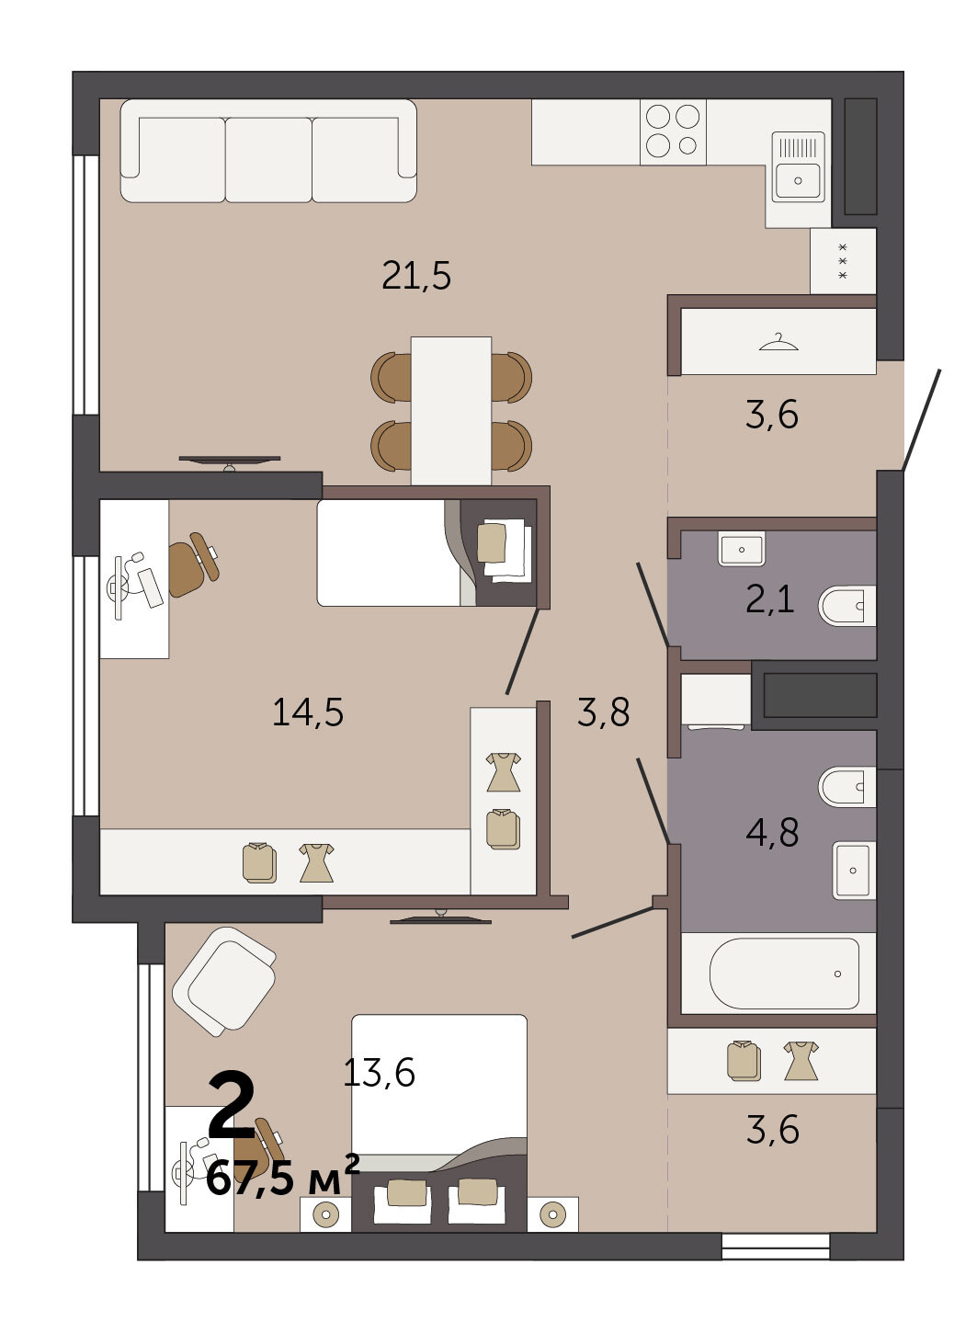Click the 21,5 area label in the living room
(416, 276)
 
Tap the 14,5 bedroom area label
(308, 712)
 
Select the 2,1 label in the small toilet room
(769, 599)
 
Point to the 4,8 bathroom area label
(772, 833)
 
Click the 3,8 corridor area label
(603, 712)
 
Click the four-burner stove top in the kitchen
(673, 131)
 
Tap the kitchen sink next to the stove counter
(798, 167)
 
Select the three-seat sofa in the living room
(268, 151)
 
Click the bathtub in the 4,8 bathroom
(784, 974)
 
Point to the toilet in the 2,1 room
(846, 606)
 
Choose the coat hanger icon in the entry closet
(778, 342)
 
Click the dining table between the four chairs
(451, 411)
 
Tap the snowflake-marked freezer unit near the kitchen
(843, 261)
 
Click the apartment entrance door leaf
(921, 419)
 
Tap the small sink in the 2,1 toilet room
(742, 549)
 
